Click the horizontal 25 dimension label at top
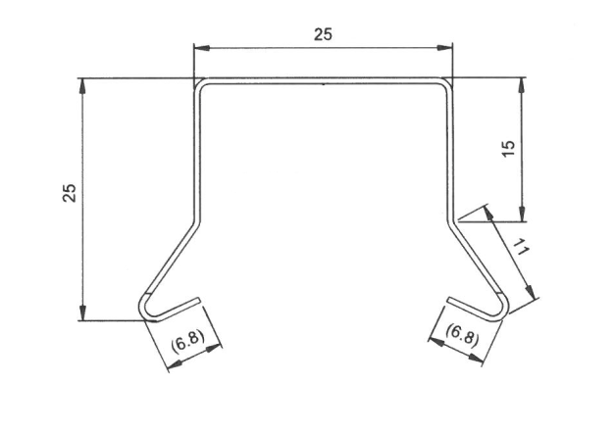[x=323, y=34]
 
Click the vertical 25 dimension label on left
[x=70, y=192]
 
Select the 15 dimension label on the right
[x=508, y=148]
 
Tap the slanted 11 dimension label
[x=521, y=247]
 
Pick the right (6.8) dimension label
[x=462, y=335]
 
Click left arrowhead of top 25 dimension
[x=201, y=48]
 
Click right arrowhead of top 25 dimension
[x=445, y=48]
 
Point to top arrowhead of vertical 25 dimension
[x=82, y=85]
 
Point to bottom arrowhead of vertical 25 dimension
[x=82, y=312]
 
